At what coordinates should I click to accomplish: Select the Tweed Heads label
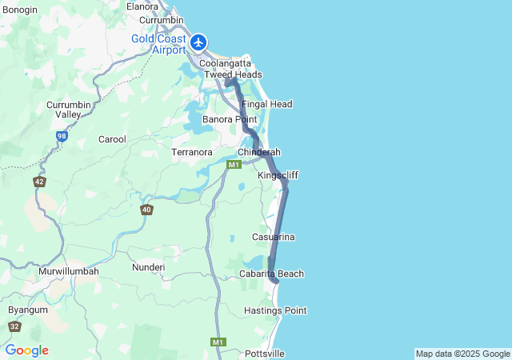233,74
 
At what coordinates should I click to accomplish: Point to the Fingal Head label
266,104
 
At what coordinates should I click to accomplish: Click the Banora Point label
230,119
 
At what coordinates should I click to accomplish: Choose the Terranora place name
192,151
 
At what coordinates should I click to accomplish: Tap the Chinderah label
258,152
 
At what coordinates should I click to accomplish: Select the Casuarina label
274,237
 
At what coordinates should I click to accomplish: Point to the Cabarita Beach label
272,274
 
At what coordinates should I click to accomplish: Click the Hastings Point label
275,310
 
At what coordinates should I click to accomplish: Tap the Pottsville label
265,353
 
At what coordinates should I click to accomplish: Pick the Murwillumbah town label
69,271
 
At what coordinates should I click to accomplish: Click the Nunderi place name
148,267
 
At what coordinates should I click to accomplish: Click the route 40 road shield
146,210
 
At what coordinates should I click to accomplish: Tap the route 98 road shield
62,137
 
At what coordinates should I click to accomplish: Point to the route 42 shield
39,182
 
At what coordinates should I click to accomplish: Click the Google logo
26,350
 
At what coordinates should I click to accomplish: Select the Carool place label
112,139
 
